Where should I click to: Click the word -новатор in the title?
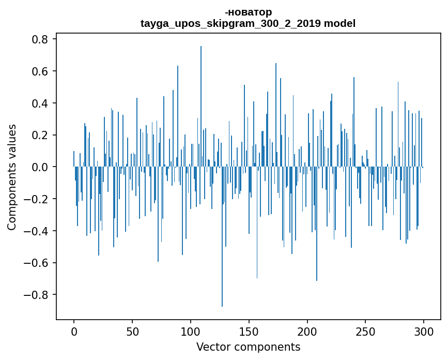(x=248, y=12)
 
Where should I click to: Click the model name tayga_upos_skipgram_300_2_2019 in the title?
(x=230, y=23)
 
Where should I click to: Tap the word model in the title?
(x=339, y=23)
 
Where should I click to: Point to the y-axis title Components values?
(x=12, y=177)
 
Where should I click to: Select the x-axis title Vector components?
(x=248, y=347)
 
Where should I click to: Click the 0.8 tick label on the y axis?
(x=40, y=39)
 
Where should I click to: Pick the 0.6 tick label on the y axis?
(x=40, y=71)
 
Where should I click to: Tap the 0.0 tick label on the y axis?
(x=40, y=167)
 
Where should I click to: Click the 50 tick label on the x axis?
(x=132, y=332)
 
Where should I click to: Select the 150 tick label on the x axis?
(x=249, y=332)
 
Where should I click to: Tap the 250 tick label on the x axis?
(x=365, y=332)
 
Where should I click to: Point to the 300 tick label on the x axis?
(x=424, y=332)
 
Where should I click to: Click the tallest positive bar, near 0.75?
(x=201, y=107)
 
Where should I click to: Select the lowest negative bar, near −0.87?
(x=222, y=237)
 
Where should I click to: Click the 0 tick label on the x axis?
(x=74, y=332)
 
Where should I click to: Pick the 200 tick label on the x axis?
(x=307, y=332)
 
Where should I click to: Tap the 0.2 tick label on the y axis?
(x=40, y=135)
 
